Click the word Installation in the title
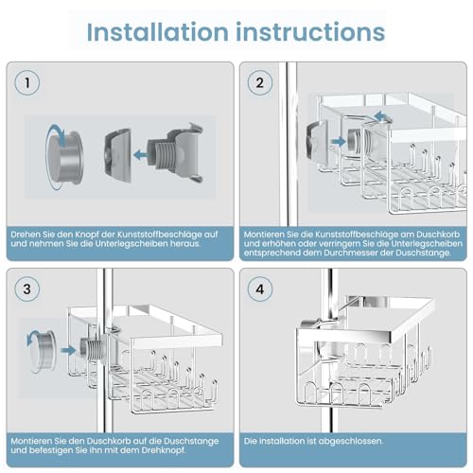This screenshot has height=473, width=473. (157, 32)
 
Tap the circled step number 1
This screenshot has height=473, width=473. (27, 83)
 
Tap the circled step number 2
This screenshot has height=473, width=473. (260, 83)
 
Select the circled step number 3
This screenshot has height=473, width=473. (27, 289)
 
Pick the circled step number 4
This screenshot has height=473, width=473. (260, 289)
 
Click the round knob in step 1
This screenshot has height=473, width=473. (66, 158)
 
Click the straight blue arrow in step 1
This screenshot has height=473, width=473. (141, 155)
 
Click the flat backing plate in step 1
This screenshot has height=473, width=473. (118, 155)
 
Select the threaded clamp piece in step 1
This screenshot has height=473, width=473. (175, 153)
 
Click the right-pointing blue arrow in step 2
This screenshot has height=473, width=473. (339, 142)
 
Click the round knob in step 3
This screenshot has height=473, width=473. (44, 350)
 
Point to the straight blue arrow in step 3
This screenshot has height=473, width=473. (68, 350)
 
